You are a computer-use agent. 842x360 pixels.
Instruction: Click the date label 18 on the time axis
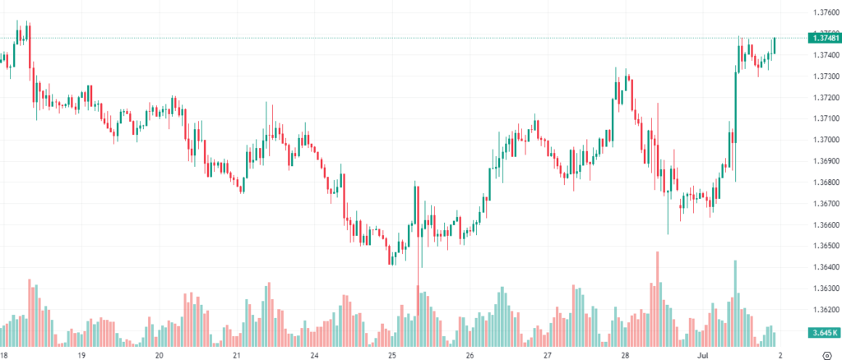(x=3, y=356)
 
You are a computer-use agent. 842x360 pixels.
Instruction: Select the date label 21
(x=237, y=356)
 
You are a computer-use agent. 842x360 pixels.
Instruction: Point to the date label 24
(x=314, y=356)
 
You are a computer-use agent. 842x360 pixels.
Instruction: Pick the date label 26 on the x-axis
(x=470, y=356)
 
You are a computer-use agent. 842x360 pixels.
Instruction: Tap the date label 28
(x=625, y=356)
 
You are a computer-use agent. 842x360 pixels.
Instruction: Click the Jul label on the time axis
(x=702, y=356)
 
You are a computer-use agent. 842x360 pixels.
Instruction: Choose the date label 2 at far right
(x=779, y=356)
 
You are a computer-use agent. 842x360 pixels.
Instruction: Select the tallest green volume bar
(x=735, y=304)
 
